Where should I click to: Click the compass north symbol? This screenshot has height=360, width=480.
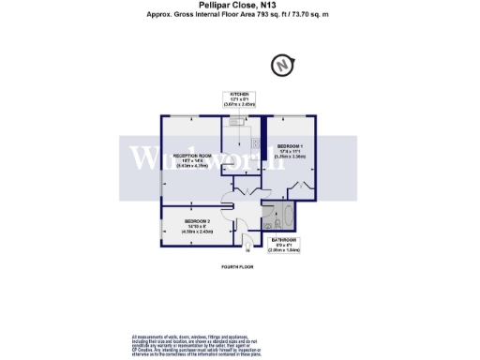(x=281, y=67)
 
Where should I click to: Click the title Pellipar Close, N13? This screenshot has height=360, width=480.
(x=239, y=7)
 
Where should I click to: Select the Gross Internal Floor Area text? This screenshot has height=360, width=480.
(x=239, y=16)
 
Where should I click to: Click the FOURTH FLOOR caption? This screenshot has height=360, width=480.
(x=238, y=268)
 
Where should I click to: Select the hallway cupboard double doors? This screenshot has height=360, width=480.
(x=247, y=189)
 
